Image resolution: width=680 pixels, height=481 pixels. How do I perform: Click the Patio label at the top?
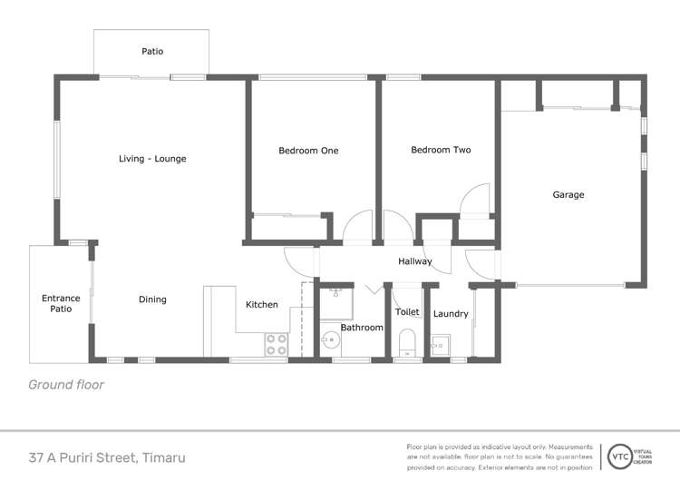(x=152, y=52)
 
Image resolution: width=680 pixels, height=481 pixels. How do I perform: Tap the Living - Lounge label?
(x=152, y=159)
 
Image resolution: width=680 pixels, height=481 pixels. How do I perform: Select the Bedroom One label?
(x=308, y=151)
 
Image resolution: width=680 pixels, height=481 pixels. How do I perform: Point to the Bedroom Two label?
(x=441, y=150)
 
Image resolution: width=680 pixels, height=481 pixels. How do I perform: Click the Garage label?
(x=568, y=194)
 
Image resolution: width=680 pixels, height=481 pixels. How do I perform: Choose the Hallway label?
(x=415, y=261)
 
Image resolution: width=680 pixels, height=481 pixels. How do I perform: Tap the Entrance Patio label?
(x=61, y=304)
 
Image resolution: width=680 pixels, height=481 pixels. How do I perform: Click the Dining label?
(x=152, y=299)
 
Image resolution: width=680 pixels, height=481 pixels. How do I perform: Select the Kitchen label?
(x=262, y=305)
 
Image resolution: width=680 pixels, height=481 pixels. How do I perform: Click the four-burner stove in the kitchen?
(x=276, y=344)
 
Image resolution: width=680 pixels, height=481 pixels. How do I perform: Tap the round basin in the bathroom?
(x=331, y=341)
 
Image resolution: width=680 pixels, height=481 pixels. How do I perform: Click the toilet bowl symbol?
(x=407, y=342)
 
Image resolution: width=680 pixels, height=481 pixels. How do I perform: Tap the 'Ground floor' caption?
(x=66, y=385)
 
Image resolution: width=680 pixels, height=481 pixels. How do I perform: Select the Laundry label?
(x=451, y=314)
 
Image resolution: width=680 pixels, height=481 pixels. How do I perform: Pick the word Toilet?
(x=407, y=312)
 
